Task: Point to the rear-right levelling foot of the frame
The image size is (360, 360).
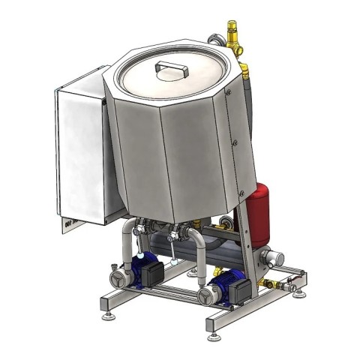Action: point(300,292)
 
